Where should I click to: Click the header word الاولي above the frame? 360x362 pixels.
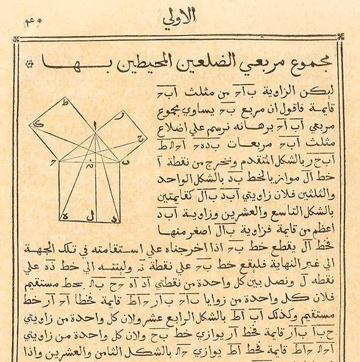pos(179,19)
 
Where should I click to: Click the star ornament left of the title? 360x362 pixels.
pos(29,64)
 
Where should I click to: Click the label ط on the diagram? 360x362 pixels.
pos(65,103)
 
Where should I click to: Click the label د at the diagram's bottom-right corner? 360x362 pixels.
pos(116,215)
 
